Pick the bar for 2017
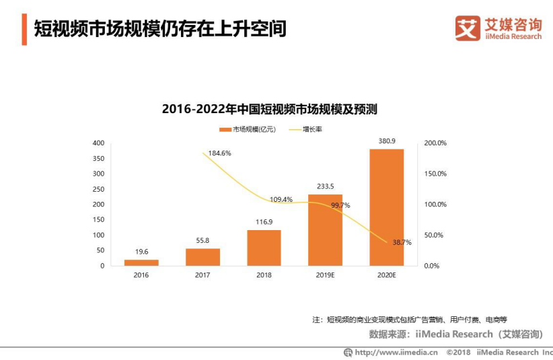[202, 257]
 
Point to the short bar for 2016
[141, 262]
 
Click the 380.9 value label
[386, 141]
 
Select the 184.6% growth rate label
[219, 153]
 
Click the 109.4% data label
[281, 199]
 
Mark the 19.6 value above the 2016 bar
[141, 252]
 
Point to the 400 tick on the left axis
[98, 143]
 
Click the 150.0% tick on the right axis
[436, 174]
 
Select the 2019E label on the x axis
[325, 275]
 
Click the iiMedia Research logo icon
[468, 28]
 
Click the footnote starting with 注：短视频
[413, 319]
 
